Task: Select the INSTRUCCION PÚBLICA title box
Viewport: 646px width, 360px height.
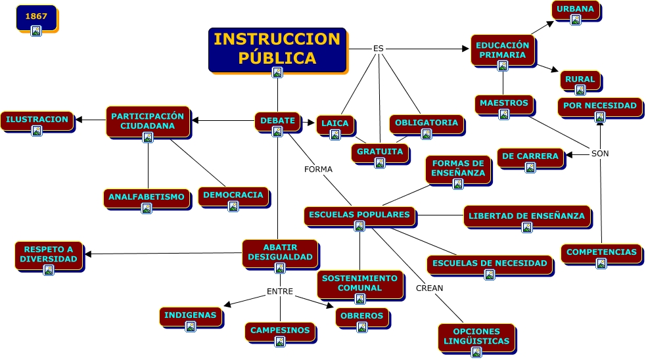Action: click(x=277, y=49)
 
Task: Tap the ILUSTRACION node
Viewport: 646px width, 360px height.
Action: click(x=37, y=121)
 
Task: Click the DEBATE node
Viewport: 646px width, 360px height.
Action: click(x=277, y=122)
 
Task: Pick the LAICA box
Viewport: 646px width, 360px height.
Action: click(x=335, y=125)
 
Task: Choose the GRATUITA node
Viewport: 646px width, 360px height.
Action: click(x=380, y=153)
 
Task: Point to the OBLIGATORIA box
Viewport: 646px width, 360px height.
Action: click(x=427, y=124)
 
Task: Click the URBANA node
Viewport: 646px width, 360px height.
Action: click(x=575, y=11)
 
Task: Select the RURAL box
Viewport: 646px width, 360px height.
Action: click(x=580, y=81)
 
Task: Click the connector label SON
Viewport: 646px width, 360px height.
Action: click(x=600, y=154)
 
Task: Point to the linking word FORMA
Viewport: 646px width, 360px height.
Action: click(x=318, y=169)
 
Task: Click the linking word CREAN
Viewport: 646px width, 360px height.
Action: click(x=429, y=288)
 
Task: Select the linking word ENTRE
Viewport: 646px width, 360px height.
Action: click(x=280, y=292)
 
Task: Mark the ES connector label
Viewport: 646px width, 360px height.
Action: click(x=378, y=49)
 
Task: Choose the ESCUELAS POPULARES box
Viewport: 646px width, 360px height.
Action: click(x=359, y=216)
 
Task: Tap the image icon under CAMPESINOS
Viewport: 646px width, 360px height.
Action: click(x=280, y=342)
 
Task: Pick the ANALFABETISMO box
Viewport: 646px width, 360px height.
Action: click(x=147, y=198)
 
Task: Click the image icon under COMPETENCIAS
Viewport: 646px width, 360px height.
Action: click(x=601, y=263)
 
